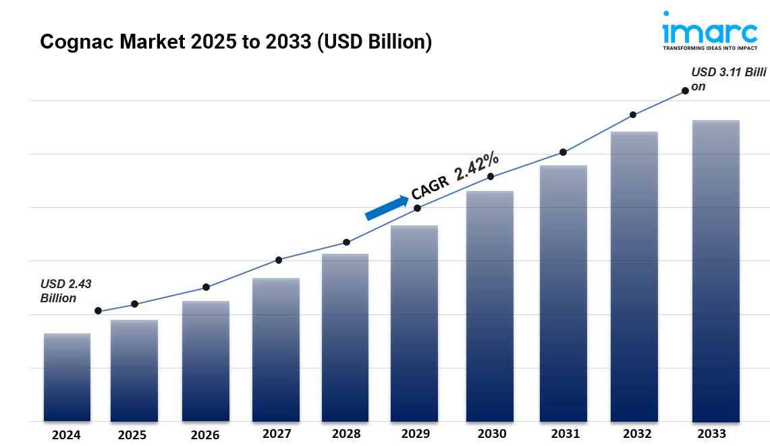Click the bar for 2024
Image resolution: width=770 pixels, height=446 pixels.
[x=67, y=377]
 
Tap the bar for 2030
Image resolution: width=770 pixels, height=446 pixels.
[x=490, y=306]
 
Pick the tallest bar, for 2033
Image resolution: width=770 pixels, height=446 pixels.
[x=715, y=271]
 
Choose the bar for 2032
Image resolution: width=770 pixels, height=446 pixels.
[x=634, y=277]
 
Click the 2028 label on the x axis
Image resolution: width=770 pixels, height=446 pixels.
[x=346, y=434]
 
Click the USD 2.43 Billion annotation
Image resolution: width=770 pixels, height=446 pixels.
[x=65, y=291]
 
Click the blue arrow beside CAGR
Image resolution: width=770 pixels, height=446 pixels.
[x=387, y=207]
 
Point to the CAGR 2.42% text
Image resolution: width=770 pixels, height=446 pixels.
[x=456, y=177]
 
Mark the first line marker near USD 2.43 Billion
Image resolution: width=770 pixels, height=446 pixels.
[x=99, y=311]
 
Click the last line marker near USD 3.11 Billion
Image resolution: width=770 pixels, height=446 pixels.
[x=685, y=90]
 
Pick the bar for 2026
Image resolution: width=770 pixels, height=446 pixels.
[x=205, y=361]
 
